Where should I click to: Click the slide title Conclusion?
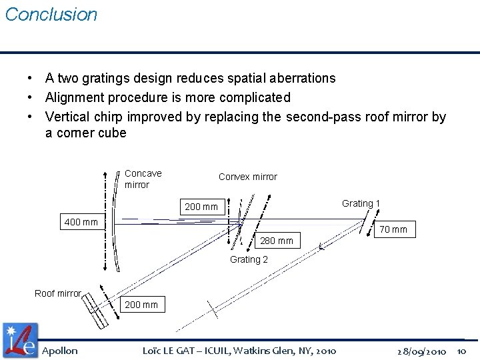click(51, 15)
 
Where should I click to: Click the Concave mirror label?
click(143, 179)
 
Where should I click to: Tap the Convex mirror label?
click(247, 177)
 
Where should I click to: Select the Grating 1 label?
click(361, 203)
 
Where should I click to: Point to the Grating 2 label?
click(249, 259)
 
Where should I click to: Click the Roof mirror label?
click(58, 293)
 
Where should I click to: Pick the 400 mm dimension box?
click(81, 222)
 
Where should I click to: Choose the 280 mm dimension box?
click(276, 241)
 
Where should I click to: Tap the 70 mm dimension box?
click(393, 230)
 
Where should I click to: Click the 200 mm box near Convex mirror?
click(201, 207)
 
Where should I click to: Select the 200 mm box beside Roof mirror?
click(141, 305)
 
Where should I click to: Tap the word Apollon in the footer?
click(60, 351)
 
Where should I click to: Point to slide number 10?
click(462, 351)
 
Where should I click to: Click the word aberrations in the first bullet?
click(303, 78)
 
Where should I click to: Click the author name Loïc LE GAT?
click(171, 351)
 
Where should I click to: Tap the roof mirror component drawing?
click(96, 308)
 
